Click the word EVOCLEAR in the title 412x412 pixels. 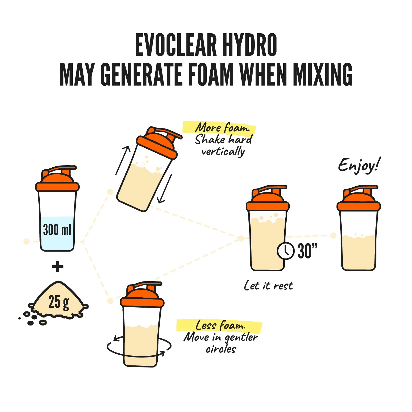tap(176, 45)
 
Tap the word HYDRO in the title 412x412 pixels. tap(250, 45)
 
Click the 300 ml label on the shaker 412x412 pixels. tap(57, 229)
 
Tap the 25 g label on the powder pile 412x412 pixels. tap(59, 302)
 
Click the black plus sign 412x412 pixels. tap(58, 266)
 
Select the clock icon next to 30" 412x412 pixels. tap(286, 251)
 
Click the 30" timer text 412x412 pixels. tap(308, 251)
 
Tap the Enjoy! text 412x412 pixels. tap(359, 165)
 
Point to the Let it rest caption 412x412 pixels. tap(268, 286)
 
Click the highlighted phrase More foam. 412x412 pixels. tap(222, 128)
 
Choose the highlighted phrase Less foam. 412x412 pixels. tap(220, 326)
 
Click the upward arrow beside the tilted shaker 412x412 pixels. tap(123, 160)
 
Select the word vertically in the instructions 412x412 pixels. tap(223, 152)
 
